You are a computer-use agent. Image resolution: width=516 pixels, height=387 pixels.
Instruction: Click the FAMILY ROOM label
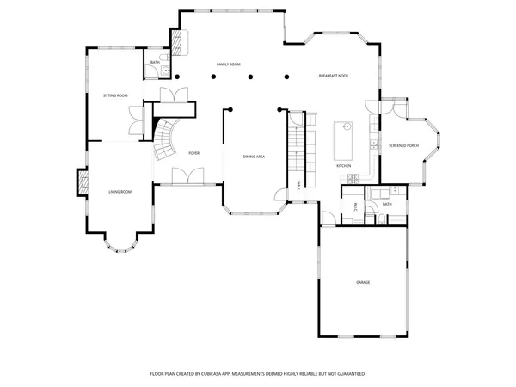tap(228, 64)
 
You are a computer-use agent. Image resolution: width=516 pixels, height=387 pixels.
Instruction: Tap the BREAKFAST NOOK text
tap(333, 77)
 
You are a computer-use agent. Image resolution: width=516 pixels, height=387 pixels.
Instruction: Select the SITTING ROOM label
tap(115, 95)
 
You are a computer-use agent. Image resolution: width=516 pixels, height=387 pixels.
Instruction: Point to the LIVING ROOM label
tap(120, 191)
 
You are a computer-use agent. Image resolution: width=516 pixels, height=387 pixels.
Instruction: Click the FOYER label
tap(194, 152)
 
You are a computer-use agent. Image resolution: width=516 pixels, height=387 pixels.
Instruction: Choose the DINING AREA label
tap(254, 157)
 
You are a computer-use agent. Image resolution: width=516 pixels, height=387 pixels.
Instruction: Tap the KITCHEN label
tap(343, 165)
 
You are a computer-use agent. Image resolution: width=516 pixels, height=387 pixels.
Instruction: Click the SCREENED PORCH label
tap(403, 144)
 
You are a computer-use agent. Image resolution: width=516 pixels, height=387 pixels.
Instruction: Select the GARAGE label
tap(363, 282)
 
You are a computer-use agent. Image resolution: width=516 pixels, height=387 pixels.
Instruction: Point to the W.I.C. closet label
tap(354, 205)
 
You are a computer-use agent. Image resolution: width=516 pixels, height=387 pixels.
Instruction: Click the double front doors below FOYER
tap(187, 177)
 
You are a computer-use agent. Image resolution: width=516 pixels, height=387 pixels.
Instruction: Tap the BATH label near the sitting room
tap(155, 63)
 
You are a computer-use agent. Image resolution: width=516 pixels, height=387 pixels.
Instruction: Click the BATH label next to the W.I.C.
tap(387, 204)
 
